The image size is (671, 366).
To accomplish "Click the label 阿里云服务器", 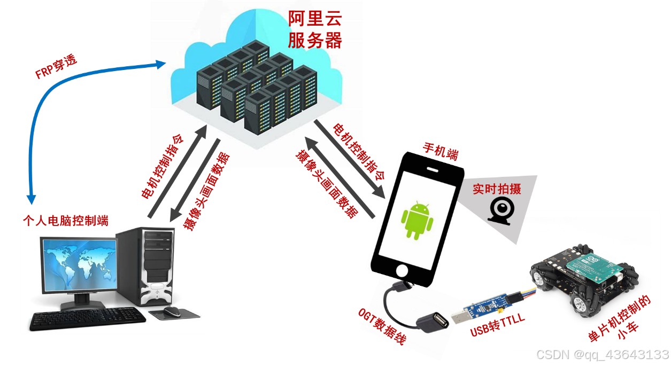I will coord(314,30).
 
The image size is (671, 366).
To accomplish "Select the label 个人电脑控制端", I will coord(66,221).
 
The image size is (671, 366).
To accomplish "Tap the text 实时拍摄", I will coord(497,189).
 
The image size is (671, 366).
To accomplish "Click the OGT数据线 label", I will coord(383,327).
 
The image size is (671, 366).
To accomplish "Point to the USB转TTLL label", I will coord(497,325).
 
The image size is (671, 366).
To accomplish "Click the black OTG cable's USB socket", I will coord(431,322).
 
